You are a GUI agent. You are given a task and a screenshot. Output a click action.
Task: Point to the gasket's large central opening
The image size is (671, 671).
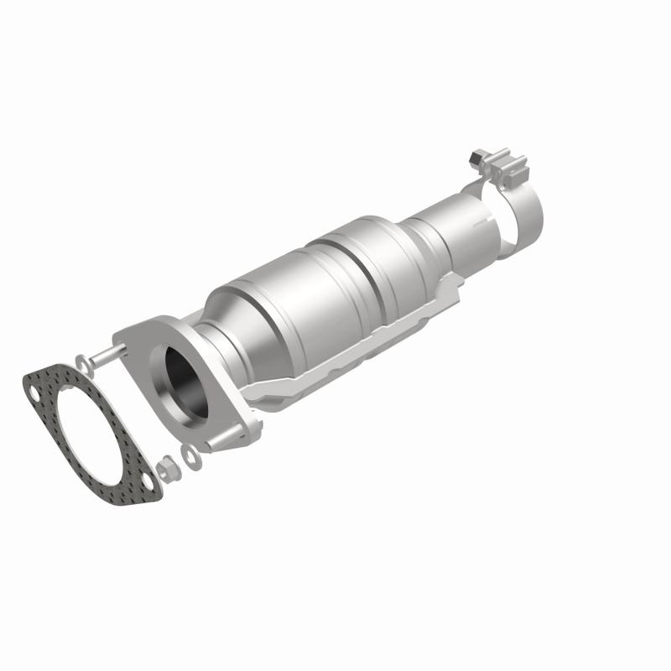(x=89, y=433)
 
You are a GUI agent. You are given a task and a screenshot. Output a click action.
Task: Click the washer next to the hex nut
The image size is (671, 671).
(x=192, y=457)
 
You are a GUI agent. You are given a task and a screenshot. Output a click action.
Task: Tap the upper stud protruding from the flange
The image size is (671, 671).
(x=105, y=356)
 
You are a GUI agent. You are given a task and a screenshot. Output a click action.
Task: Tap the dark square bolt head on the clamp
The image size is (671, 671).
(x=476, y=156)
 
